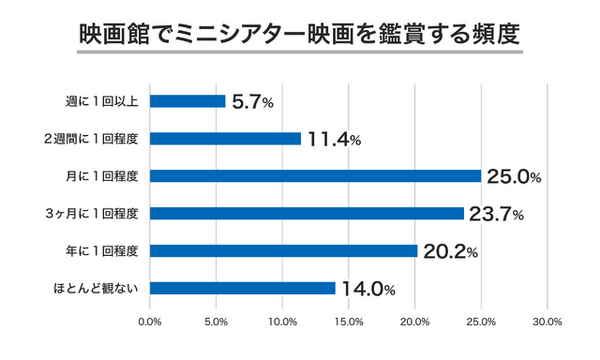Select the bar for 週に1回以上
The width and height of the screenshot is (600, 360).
(x=187, y=101)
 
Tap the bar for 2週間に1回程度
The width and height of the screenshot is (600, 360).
(x=225, y=138)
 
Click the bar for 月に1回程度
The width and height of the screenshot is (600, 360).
(x=315, y=176)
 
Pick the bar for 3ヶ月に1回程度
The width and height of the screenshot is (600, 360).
(x=306, y=213)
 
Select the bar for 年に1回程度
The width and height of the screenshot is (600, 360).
(x=283, y=251)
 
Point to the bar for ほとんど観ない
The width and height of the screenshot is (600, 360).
(x=242, y=288)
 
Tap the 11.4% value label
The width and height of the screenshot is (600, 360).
(x=335, y=139)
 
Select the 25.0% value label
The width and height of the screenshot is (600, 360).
(x=514, y=177)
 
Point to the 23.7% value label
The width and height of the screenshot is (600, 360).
(x=497, y=214)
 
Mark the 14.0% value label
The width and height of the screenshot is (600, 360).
(x=369, y=289)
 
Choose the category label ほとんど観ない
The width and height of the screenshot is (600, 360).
(x=100, y=288)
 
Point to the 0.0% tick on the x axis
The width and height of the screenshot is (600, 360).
(x=150, y=322)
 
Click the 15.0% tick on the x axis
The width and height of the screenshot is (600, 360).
(x=349, y=322)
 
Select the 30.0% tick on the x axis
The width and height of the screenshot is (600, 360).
(x=547, y=322)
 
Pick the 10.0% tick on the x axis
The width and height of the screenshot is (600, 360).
(x=282, y=322)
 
